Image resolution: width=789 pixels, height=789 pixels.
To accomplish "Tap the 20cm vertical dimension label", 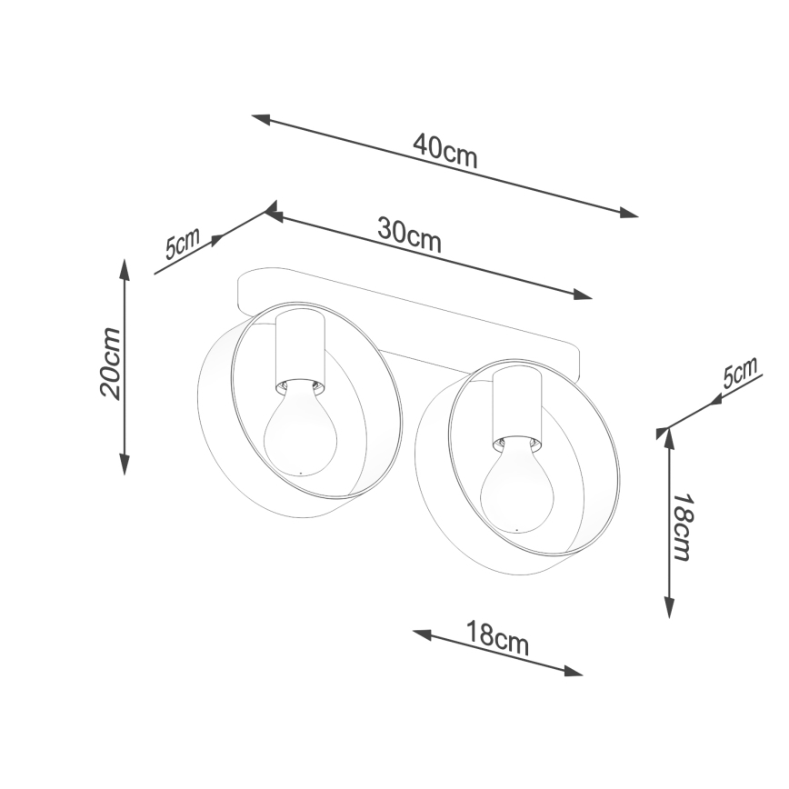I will [110, 363].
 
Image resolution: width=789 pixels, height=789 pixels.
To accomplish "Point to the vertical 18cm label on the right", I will [682, 527].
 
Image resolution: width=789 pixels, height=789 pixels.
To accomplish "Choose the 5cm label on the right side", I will [740, 374].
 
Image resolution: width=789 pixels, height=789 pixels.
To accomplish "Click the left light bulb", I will [299, 432].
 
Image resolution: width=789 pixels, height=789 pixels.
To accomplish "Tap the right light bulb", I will [516, 486].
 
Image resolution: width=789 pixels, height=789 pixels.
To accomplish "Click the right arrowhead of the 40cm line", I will [630, 214].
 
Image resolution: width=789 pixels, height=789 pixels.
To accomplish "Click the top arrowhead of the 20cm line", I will [124, 266].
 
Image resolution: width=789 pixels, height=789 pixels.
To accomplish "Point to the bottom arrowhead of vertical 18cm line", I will [670, 609].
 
